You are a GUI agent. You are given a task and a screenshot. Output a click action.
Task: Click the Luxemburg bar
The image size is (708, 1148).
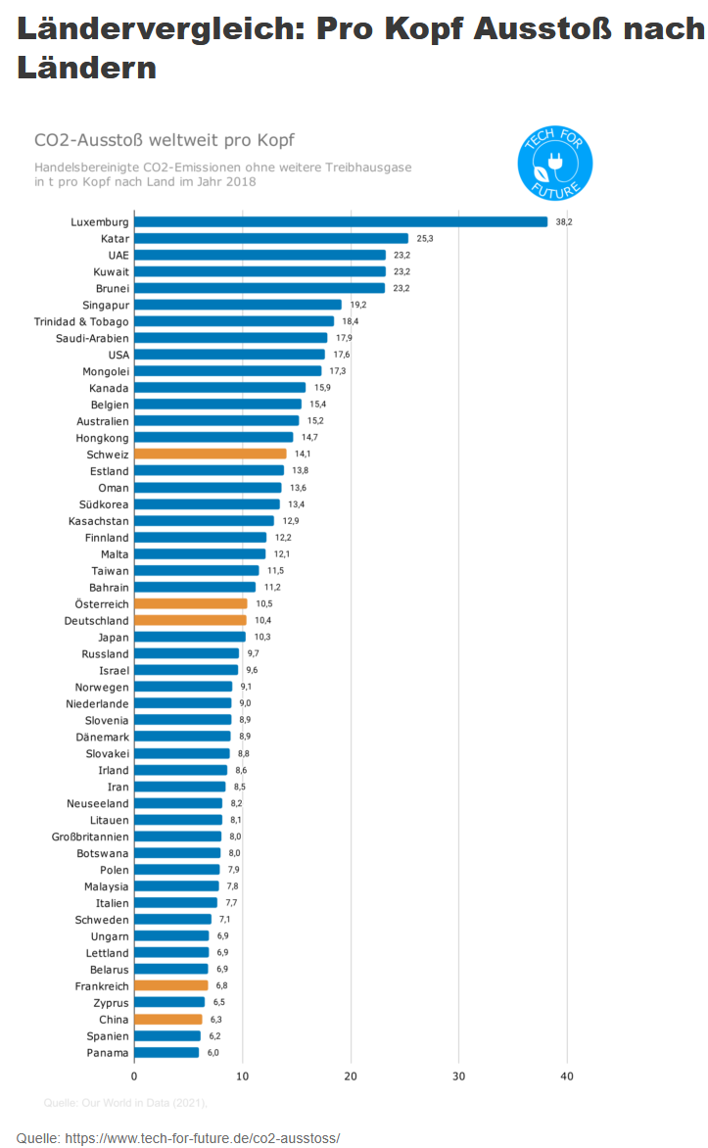pos(341,221)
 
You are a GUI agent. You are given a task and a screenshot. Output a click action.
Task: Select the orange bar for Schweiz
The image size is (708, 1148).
pos(211,454)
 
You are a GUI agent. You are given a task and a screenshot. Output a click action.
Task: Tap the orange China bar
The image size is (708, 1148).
pos(168,1019)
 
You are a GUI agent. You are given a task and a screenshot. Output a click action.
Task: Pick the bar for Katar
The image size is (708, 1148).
pos(271,239)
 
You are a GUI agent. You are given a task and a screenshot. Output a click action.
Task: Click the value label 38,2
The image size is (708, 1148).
pos(564,221)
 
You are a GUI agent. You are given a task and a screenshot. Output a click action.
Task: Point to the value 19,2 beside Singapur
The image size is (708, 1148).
pos(358,305)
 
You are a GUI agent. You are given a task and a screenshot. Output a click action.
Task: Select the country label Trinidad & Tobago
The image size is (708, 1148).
pos(81,321)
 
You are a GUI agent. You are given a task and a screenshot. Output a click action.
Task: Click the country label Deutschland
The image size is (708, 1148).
pos(97,621)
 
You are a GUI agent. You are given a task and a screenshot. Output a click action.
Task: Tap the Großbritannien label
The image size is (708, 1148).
pos(90,837)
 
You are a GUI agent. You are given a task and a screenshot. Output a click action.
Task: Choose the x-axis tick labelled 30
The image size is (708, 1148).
pos(459,1076)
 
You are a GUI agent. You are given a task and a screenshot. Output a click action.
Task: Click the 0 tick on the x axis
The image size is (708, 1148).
pos(134,1076)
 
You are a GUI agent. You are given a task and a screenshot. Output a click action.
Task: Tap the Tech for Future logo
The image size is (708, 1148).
pos(555,164)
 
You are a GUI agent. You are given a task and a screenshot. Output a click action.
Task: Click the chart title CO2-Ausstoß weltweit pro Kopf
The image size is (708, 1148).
pos(165,140)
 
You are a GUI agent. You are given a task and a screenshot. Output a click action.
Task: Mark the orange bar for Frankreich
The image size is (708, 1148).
pos(171,985)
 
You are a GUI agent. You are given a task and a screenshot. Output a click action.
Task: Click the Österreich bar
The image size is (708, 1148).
pos(190,604)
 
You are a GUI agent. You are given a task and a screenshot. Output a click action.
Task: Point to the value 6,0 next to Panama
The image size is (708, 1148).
pos(213,1053)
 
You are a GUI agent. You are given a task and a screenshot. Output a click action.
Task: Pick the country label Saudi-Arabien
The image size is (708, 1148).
pos(92,338)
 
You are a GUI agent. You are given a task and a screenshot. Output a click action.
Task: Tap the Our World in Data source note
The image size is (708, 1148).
pos(126,1103)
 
